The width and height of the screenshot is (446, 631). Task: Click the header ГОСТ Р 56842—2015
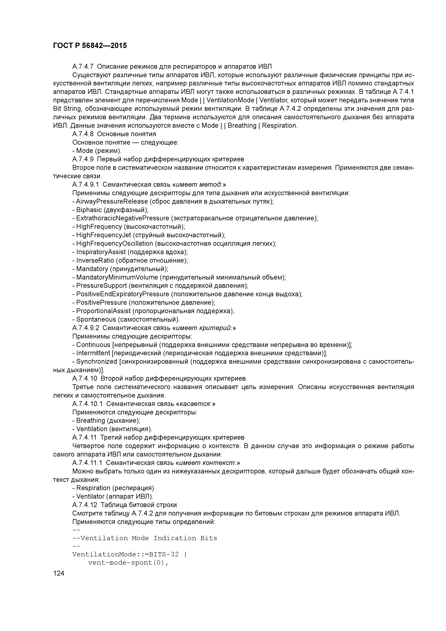tap(90, 46)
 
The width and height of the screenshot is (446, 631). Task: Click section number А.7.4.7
tap(83, 67)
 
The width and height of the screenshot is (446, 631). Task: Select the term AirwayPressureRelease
tap(112, 201)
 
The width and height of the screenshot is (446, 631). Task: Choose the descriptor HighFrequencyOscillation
tap(114, 244)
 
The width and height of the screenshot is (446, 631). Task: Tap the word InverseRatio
tap(95, 260)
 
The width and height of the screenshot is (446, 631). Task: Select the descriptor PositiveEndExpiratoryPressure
tap(123, 294)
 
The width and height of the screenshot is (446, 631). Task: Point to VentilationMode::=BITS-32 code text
tap(125, 554)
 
